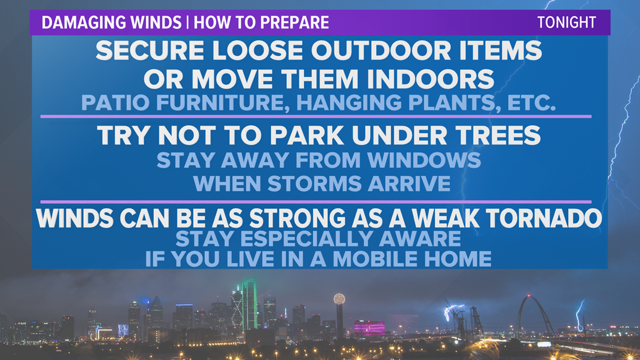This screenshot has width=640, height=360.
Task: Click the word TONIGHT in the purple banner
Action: click(x=566, y=22)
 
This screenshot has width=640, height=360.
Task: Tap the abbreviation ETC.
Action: click(x=532, y=102)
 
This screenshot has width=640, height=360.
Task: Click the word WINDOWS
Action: click(x=424, y=160)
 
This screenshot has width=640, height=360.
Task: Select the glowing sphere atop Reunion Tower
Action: click(x=339, y=299)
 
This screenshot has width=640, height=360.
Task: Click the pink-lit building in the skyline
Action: click(x=369, y=328)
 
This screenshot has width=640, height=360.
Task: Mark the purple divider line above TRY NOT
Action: click(x=316, y=117)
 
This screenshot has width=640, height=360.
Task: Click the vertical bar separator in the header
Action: click(x=188, y=22)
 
